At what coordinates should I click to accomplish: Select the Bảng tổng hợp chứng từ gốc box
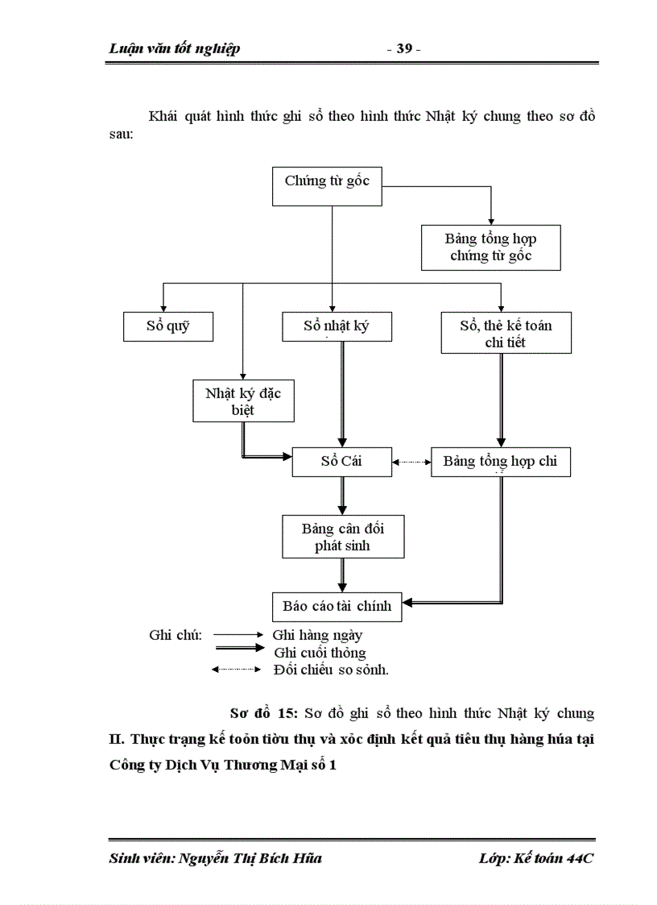[x=490, y=248]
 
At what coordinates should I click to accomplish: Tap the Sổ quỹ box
[x=168, y=326]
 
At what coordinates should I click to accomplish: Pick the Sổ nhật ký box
[x=337, y=326]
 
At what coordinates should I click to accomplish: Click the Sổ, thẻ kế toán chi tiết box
[x=506, y=334]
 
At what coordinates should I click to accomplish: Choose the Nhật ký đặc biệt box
[x=242, y=401]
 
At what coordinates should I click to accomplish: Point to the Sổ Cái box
[x=342, y=462]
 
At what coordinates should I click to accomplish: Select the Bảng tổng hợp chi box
[x=501, y=462]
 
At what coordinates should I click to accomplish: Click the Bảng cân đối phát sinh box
[x=342, y=538]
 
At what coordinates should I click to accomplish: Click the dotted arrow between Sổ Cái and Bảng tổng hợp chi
[x=411, y=463]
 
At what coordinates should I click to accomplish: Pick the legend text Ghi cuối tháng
[x=320, y=652]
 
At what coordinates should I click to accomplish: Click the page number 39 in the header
[x=403, y=49]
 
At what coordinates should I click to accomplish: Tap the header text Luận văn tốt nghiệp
[x=174, y=49]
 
